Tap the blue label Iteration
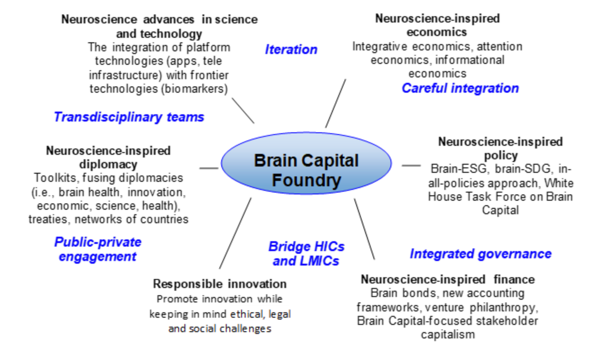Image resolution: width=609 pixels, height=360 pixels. click(291, 49)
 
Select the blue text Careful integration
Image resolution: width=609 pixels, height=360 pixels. click(460, 88)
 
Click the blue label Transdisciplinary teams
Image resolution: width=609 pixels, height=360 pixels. click(129, 117)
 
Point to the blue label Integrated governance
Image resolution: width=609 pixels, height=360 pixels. click(480, 254)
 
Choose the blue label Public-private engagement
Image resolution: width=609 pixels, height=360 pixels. click(98, 249)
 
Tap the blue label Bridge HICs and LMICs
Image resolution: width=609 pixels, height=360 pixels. click(306, 254)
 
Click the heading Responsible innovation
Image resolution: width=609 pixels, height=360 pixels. click(219, 284)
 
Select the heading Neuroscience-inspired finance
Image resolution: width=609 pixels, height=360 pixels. click(448, 279)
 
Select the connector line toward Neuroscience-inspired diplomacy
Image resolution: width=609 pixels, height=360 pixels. click(208, 168)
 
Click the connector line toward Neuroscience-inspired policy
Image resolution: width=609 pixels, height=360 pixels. click(411, 166)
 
